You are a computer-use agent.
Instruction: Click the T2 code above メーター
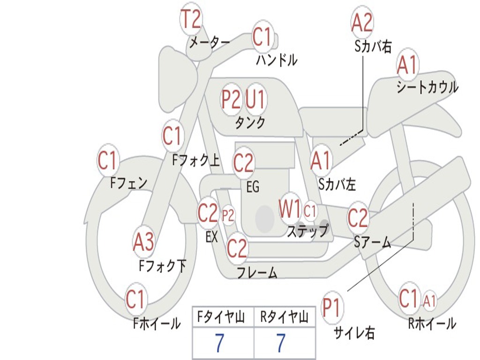(x=191, y=20)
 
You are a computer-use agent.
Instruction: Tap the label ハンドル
(x=277, y=60)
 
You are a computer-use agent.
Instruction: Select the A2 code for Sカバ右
(x=362, y=22)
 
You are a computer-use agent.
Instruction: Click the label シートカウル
(x=427, y=88)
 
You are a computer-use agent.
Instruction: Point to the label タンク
(x=250, y=123)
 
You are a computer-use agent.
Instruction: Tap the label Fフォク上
(x=196, y=161)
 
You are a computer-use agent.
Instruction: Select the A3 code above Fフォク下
(x=143, y=242)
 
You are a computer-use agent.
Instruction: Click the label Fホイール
(x=157, y=323)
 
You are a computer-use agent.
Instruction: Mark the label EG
(x=253, y=187)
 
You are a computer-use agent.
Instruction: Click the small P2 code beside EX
(x=228, y=216)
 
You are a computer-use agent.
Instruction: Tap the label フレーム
(x=257, y=273)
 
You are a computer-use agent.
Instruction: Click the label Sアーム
(x=373, y=242)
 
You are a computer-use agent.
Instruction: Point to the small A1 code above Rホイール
(x=429, y=300)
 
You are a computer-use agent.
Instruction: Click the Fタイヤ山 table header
(x=222, y=318)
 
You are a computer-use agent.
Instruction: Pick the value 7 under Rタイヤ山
(x=280, y=343)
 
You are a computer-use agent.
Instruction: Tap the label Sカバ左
(x=337, y=184)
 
